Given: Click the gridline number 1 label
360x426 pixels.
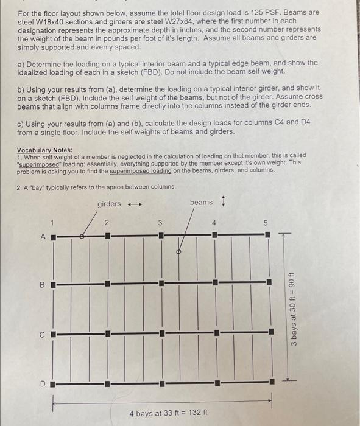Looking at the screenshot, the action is point(53,222).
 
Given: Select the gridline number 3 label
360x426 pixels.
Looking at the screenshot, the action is point(160,222).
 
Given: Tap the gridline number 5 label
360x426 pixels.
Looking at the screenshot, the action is point(265,223).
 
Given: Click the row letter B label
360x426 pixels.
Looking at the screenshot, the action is point(43,284).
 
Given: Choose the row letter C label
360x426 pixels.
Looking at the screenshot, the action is point(43,334).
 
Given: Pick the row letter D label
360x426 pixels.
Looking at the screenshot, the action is point(43,383).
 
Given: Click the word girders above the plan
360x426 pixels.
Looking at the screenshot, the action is point(109,204).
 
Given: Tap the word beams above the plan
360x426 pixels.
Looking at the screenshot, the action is point(201,202).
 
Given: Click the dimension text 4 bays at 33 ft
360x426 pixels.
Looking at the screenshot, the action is point(169,413).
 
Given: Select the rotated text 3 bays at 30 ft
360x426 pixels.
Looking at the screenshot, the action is point(294,308).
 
